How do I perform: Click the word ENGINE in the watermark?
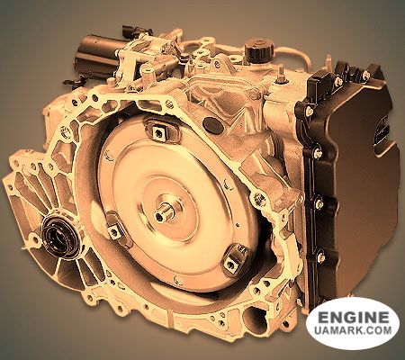point(353,317)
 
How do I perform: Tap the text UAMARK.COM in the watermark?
point(353,330)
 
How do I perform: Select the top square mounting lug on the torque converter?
point(158,130)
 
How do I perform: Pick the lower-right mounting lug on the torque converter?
point(234,260)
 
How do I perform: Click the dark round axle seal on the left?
point(57,236)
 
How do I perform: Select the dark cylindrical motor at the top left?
point(97,57)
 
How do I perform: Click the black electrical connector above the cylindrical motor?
point(137,31)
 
